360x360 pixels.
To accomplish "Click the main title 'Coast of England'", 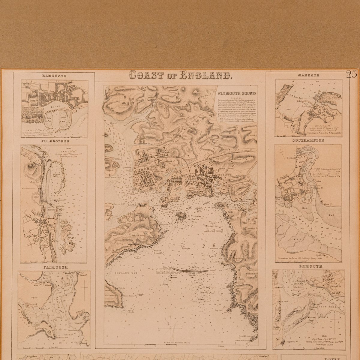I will click(x=180, y=75).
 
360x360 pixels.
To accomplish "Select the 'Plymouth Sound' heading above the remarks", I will click(x=237, y=94).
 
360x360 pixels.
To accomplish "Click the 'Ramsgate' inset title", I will click(x=54, y=76).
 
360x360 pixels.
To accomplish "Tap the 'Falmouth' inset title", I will click(x=55, y=267).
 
